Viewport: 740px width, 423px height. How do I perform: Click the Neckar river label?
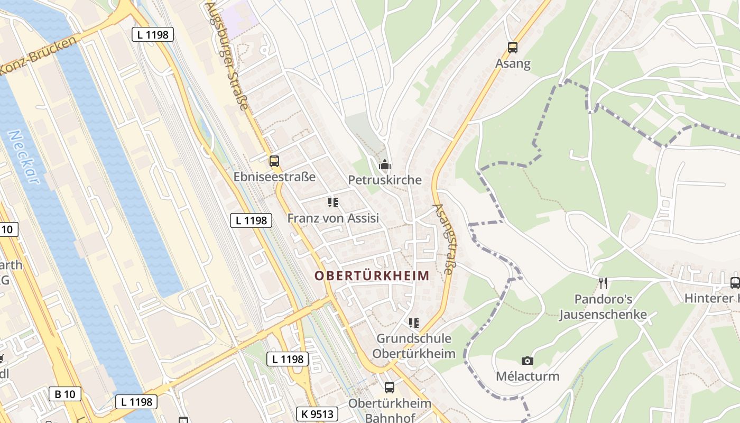[x=24, y=157]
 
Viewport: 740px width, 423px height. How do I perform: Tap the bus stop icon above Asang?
[x=512, y=48]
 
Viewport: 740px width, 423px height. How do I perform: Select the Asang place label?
[x=512, y=63]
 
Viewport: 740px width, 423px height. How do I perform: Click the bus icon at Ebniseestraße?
[x=274, y=161]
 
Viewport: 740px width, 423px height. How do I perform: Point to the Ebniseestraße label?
[x=274, y=177]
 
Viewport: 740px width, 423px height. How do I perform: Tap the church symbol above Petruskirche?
[x=385, y=165]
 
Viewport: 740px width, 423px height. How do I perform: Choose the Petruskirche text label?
[x=385, y=180]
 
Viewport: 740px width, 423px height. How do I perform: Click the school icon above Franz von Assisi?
[x=332, y=203]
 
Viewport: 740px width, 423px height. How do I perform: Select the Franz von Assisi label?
[x=333, y=218]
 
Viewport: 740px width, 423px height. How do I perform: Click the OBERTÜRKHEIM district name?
[x=372, y=276]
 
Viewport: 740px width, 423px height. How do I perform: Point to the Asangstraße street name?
[x=443, y=239]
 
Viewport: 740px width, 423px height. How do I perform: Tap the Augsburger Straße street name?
[x=228, y=55]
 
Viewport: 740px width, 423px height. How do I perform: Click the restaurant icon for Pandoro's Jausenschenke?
[x=603, y=283]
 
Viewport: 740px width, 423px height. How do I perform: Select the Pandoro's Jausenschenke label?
[x=603, y=307]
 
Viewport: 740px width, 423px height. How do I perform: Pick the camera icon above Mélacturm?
[x=527, y=361]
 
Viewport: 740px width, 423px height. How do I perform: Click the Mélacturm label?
[x=527, y=376]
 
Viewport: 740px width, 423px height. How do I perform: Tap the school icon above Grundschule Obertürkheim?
[x=413, y=323]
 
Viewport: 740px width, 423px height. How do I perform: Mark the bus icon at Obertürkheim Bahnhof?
[x=390, y=388]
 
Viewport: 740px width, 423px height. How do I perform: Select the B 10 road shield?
[x=65, y=394]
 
